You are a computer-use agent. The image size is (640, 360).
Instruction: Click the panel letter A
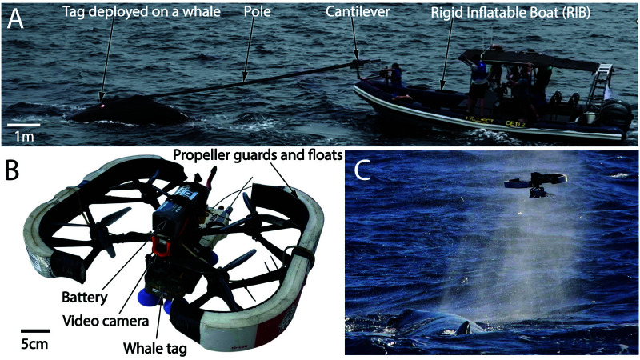(15, 19)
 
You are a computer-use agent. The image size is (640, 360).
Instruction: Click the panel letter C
(362, 172)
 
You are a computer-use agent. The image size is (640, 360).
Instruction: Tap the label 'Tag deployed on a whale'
(142, 11)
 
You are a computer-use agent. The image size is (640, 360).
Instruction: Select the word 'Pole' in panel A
(257, 11)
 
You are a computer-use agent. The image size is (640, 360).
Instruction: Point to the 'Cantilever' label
(358, 11)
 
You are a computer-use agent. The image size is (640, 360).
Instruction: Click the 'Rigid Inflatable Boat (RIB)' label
(510, 12)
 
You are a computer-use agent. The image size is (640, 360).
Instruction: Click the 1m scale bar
(24, 125)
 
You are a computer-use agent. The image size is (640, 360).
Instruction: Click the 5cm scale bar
(35, 330)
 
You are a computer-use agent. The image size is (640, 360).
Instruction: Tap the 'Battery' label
(85, 297)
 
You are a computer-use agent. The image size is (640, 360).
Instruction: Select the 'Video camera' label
(106, 322)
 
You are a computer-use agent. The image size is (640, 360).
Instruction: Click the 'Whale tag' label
(154, 348)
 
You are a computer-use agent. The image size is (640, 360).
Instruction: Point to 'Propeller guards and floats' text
(257, 155)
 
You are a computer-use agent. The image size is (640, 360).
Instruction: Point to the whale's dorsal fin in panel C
(466, 328)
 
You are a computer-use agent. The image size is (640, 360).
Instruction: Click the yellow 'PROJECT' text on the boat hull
(479, 120)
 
